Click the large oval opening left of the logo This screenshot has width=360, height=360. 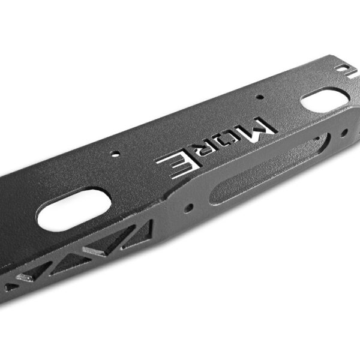tap(74, 211)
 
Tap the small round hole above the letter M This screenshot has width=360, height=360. tap(259, 97)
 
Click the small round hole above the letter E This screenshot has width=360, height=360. tap(115, 154)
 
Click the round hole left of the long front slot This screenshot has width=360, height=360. tap(189, 208)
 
